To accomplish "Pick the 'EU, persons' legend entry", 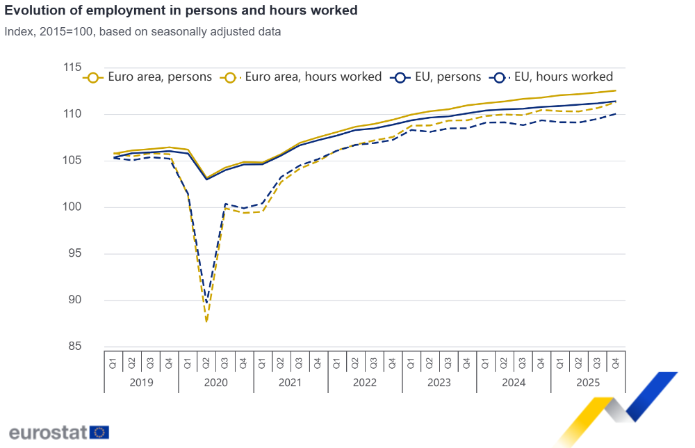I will (437, 77).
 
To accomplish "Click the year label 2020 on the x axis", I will (215, 383).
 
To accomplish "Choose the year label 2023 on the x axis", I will (439, 383).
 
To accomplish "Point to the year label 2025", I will (588, 383).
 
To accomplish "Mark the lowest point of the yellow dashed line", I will (206, 321).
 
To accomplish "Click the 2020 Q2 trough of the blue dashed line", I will (206, 303).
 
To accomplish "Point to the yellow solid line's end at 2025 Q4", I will (616, 90).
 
